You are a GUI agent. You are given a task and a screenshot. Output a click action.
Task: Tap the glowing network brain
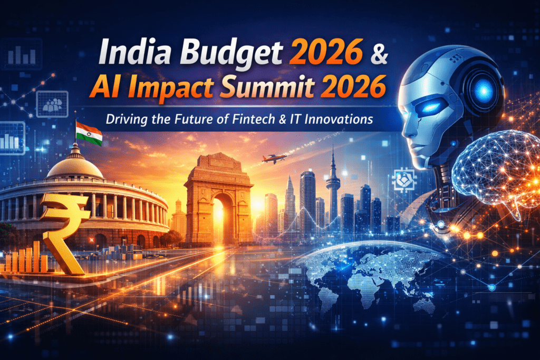click(x=496, y=171)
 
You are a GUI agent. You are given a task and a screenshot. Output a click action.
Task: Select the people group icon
click(x=52, y=104)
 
